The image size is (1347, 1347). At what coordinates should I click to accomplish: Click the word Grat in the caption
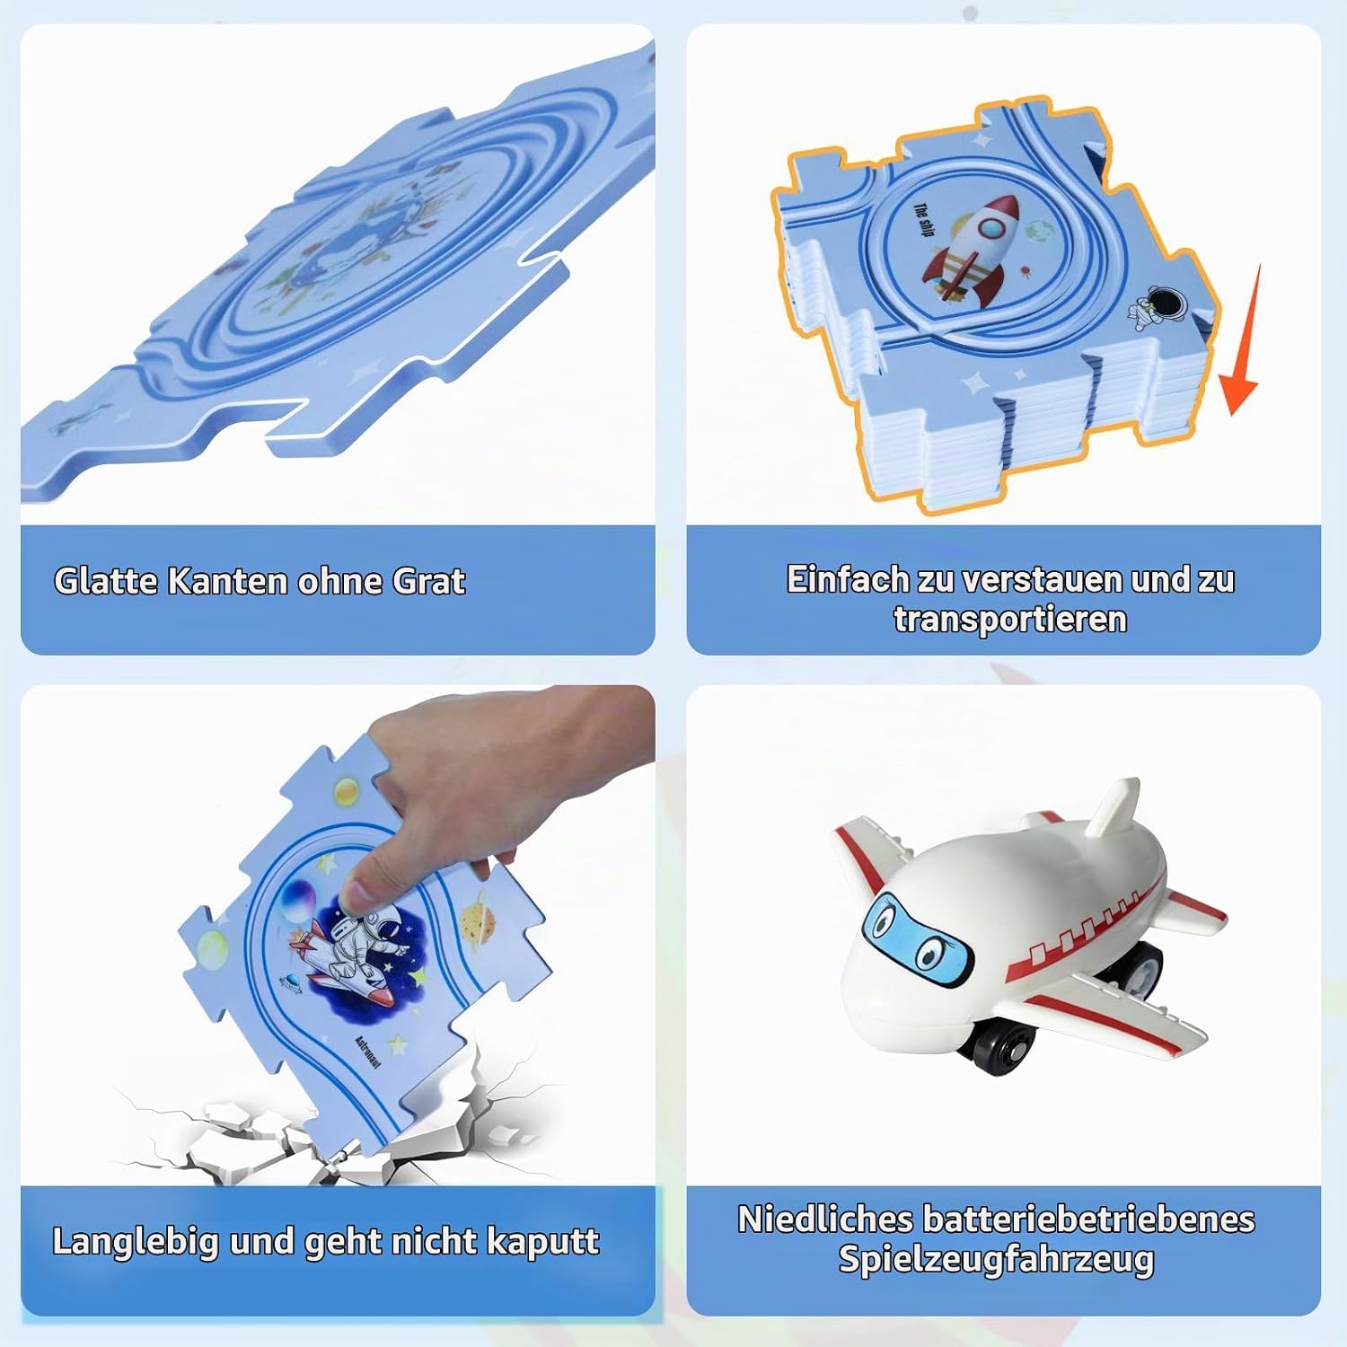pos(429,582)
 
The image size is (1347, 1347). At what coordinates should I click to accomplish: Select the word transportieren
pos(1009,620)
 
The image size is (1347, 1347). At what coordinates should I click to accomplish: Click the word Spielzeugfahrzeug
pos(996,1259)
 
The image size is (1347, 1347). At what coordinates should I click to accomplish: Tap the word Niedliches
pos(825,1219)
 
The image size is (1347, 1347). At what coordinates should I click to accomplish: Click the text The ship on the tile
pos(922,220)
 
